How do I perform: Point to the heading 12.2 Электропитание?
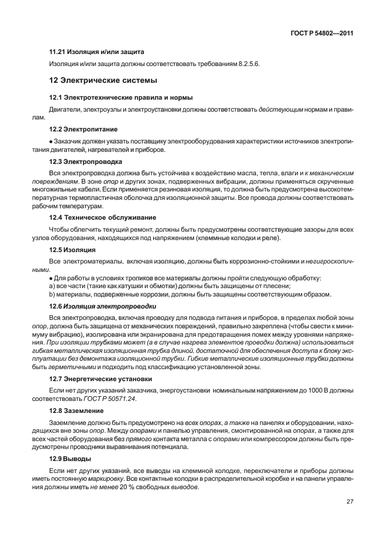click(83, 128)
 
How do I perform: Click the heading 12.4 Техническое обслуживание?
click(103, 217)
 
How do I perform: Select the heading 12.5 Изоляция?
click(73, 249)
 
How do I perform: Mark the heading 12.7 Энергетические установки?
click(101, 379)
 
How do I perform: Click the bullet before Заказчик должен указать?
click(50, 140)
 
